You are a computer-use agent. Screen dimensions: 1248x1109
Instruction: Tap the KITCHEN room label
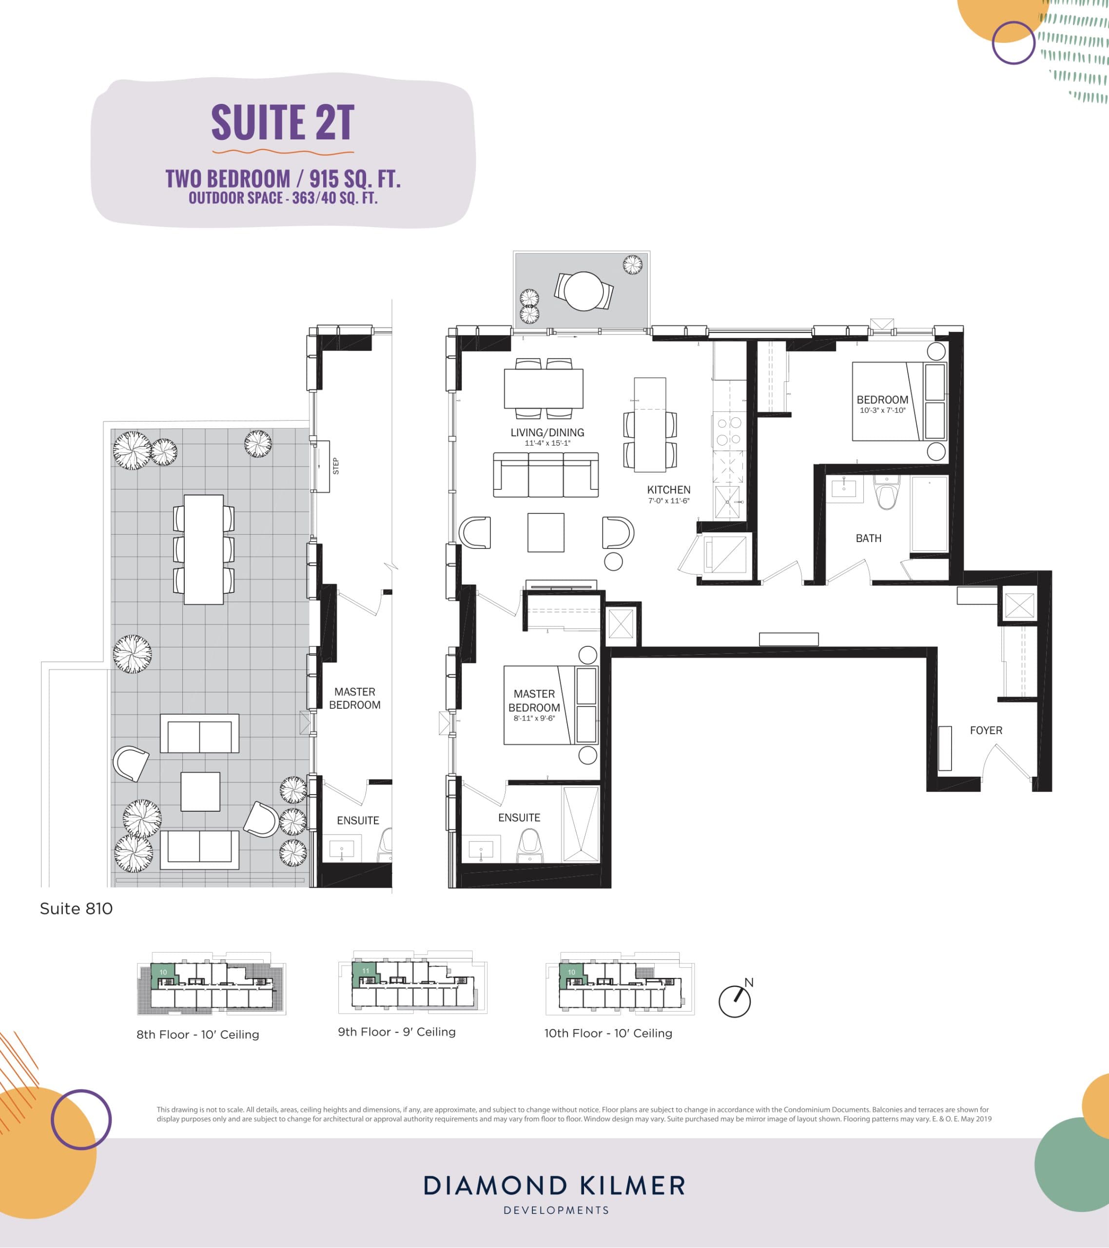669,489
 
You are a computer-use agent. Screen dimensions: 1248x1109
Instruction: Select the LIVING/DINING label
547,432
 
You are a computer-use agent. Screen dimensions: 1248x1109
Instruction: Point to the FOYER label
986,730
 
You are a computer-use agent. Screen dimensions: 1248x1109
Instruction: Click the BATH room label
868,538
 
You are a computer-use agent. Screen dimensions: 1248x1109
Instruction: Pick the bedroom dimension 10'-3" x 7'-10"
882,410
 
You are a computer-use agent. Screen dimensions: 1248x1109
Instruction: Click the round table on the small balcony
584,291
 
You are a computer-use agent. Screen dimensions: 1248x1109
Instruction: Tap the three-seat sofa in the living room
546,474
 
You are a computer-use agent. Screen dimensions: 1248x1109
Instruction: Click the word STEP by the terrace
335,466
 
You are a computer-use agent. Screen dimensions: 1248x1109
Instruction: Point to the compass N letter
749,982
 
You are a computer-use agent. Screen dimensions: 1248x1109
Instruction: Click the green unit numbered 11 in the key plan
365,971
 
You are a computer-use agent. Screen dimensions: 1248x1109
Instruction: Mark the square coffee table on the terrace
200,791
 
